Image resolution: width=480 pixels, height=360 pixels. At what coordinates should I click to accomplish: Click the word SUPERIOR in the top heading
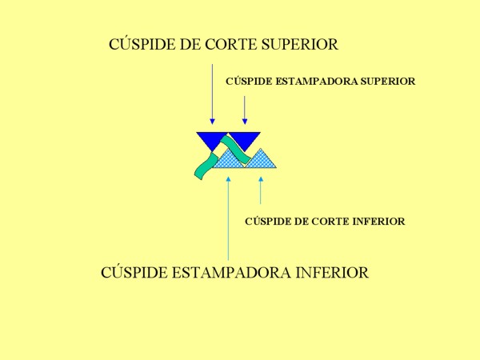[300, 45]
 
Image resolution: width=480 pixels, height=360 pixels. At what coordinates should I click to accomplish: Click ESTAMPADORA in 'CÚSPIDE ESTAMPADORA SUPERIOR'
[314, 82]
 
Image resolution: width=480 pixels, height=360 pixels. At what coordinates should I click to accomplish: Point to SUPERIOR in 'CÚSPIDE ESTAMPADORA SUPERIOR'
[387, 82]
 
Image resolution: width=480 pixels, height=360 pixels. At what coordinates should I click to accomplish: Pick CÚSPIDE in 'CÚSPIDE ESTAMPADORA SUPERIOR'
[250, 82]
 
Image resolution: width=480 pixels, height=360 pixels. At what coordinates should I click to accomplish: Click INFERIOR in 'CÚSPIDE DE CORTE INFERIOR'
[378, 222]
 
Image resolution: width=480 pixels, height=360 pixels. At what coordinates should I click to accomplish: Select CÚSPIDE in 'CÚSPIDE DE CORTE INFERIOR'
[269, 222]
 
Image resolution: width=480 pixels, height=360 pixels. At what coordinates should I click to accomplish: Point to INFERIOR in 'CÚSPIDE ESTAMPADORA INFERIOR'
[333, 273]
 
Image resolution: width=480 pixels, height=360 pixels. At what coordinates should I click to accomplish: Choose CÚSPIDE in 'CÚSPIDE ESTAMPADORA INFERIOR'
[134, 273]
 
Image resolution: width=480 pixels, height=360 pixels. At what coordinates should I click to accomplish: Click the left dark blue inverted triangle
[210, 140]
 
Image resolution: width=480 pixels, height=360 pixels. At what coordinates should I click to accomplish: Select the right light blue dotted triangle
[262, 160]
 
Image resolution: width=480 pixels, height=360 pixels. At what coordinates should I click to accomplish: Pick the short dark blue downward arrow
[244, 110]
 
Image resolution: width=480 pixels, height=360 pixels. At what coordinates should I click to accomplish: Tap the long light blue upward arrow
[228, 216]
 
